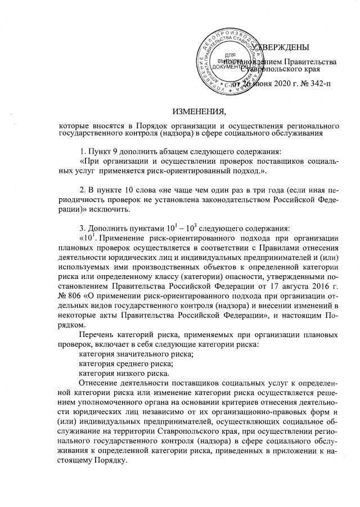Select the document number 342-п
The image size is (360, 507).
coord(322,84)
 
